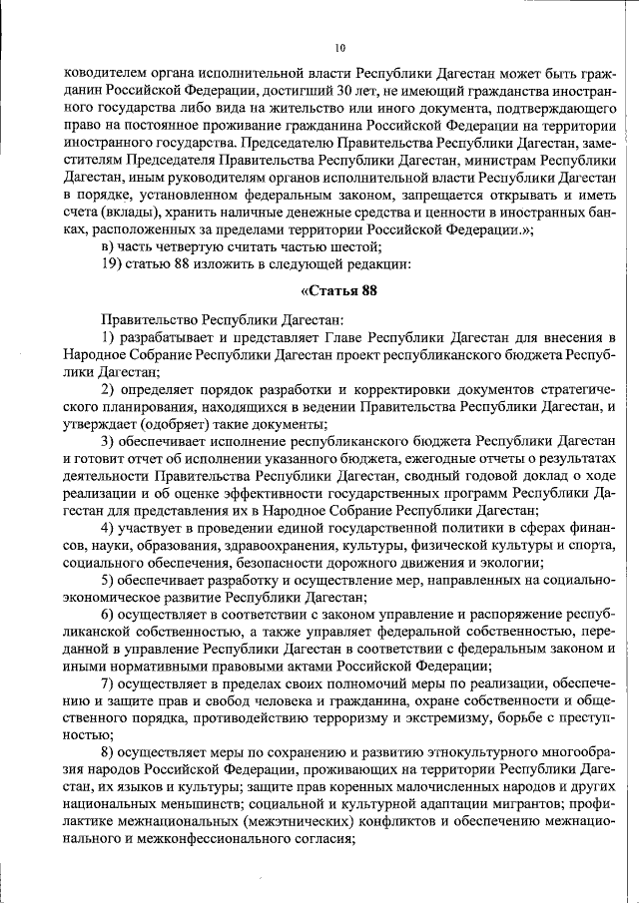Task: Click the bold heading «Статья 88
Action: pyautogui.click(x=338, y=291)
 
